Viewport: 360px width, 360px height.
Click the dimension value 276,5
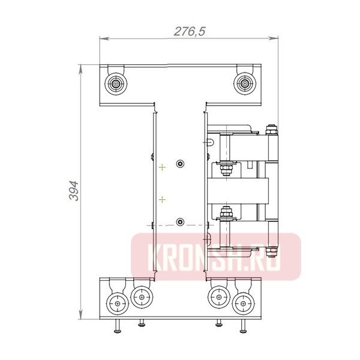(189, 32)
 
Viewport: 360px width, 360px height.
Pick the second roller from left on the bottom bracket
(141, 296)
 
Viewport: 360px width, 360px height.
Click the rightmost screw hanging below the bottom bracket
(243, 329)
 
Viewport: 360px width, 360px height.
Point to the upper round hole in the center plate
(180, 163)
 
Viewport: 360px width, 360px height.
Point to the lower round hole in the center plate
(180, 222)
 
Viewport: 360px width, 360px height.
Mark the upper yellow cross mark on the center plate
(161, 169)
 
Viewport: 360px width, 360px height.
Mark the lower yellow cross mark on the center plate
(161, 198)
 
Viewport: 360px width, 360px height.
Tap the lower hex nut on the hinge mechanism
(226, 212)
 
